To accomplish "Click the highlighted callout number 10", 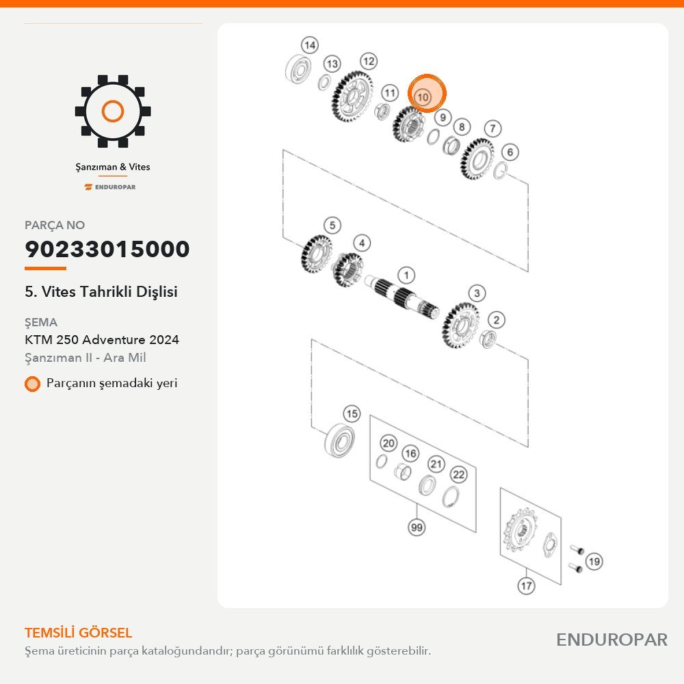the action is (423, 97).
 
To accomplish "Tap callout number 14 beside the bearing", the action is (310, 45).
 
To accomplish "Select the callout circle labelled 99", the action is (417, 527).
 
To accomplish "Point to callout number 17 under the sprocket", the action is (527, 586).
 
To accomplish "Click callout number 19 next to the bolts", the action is (594, 562).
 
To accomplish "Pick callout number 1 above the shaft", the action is (406, 275).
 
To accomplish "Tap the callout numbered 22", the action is (458, 474).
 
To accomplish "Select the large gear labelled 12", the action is (352, 97).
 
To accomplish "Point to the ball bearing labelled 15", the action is (340, 440).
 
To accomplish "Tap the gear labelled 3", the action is (460, 326).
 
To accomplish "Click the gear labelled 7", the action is (477, 159).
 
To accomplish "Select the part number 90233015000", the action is (107, 249).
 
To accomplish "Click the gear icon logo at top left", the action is (113, 111).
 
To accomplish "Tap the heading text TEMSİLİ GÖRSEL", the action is (79, 633).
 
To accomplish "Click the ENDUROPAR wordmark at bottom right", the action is (611, 640).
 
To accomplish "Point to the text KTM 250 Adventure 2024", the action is (102, 339).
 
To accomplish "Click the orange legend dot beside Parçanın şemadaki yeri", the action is (32, 384).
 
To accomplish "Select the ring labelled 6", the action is (501, 170).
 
